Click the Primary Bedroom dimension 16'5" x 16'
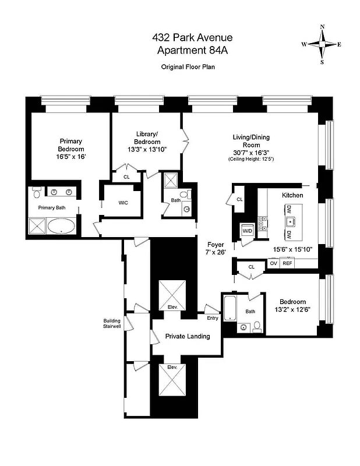(70, 157)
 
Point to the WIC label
(123, 203)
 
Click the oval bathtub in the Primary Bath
(61, 225)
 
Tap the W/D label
(247, 231)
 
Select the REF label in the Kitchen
(287, 263)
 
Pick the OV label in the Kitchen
(273, 263)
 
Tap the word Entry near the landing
(213, 317)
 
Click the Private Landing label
(187, 336)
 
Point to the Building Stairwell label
(112, 324)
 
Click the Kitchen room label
(292, 195)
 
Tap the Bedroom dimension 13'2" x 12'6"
(292, 309)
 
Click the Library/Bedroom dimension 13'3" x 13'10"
(147, 149)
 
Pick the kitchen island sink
(288, 223)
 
